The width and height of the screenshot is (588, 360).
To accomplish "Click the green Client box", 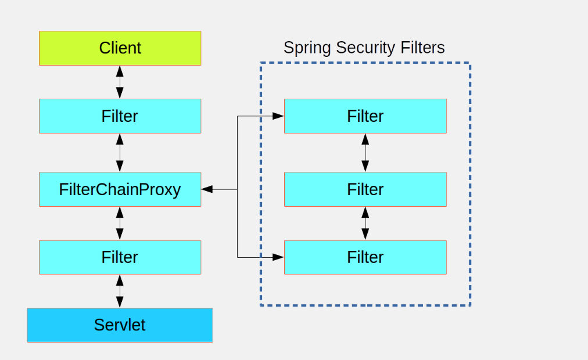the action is click(x=120, y=48).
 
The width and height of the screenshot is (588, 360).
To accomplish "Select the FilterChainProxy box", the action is click(x=120, y=189).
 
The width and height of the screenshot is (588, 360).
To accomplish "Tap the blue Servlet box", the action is click(x=120, y=325).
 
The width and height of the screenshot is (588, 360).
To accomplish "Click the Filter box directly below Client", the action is click(x=120, y=116).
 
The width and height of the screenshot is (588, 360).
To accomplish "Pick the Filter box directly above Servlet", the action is click(x=120, y=257).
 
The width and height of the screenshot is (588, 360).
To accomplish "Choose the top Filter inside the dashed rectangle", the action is click(x=365, y=116).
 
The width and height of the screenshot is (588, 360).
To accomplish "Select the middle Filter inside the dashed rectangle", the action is click(x=365, y=189).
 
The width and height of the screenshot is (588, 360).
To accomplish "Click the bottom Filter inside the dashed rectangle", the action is click(x=365, y=257).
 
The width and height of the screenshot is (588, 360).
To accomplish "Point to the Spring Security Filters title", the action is click(x=364, y=48).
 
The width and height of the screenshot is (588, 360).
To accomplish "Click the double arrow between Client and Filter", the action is click(x=120, y=82).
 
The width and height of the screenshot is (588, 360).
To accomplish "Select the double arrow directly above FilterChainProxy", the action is click(x=120, y=153).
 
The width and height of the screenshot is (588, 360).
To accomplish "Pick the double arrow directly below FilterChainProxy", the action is click(x=120, y=224).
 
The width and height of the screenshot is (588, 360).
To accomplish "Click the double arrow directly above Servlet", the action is click(x=120, y=291).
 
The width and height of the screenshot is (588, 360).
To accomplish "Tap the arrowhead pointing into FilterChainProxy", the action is click(x=207, y=189).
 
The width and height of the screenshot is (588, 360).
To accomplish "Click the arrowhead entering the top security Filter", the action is click(x=278, y=116).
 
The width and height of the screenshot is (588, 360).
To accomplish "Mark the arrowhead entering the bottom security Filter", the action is click(x=278, y=257).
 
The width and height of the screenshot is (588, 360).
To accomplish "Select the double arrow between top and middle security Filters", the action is click(x=365, y=153).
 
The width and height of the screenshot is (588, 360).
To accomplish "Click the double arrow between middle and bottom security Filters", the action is click(x=365, y=224).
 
